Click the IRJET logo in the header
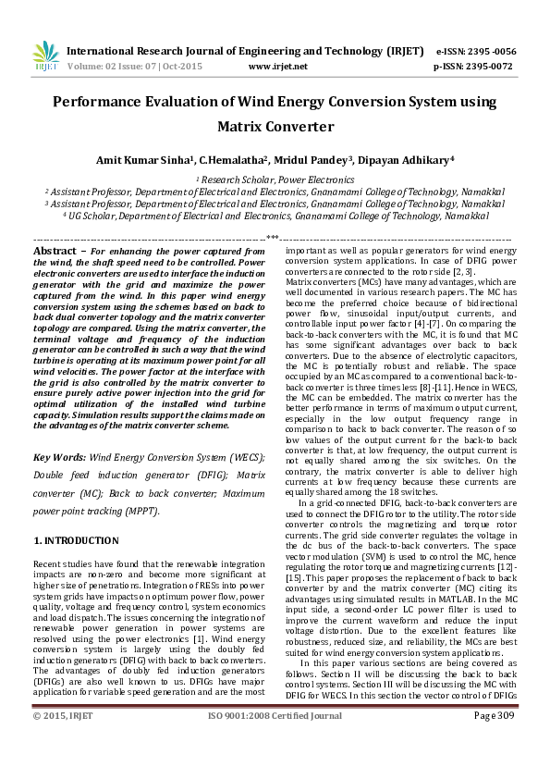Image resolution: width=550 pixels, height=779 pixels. click(45, 56)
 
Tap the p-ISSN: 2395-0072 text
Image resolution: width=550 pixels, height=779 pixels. click(473, 67)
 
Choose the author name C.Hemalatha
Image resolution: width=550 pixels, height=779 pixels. click(233, 159)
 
